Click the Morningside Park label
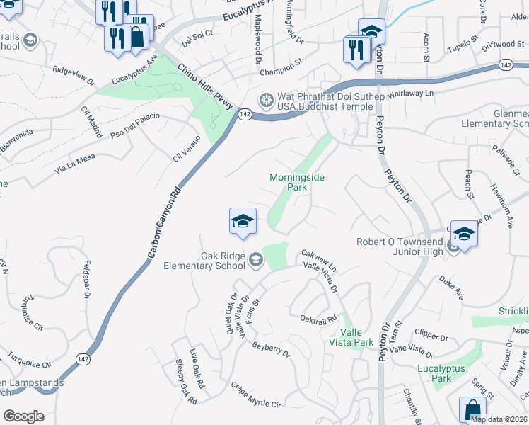pyautogui.click(x=297, y=183)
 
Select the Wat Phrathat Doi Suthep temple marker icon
pyautogui.click(x=267, y=98)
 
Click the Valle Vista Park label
pyautogui.click(x=356, y=337)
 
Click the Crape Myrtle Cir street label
pyautogui.click(x=256, y=395)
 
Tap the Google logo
pyautogui.click(x=23, y=416)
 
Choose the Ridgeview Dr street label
pyautogui.click(x=74, y=76)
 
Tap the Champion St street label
pyautogui.click(x=281, y=72)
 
